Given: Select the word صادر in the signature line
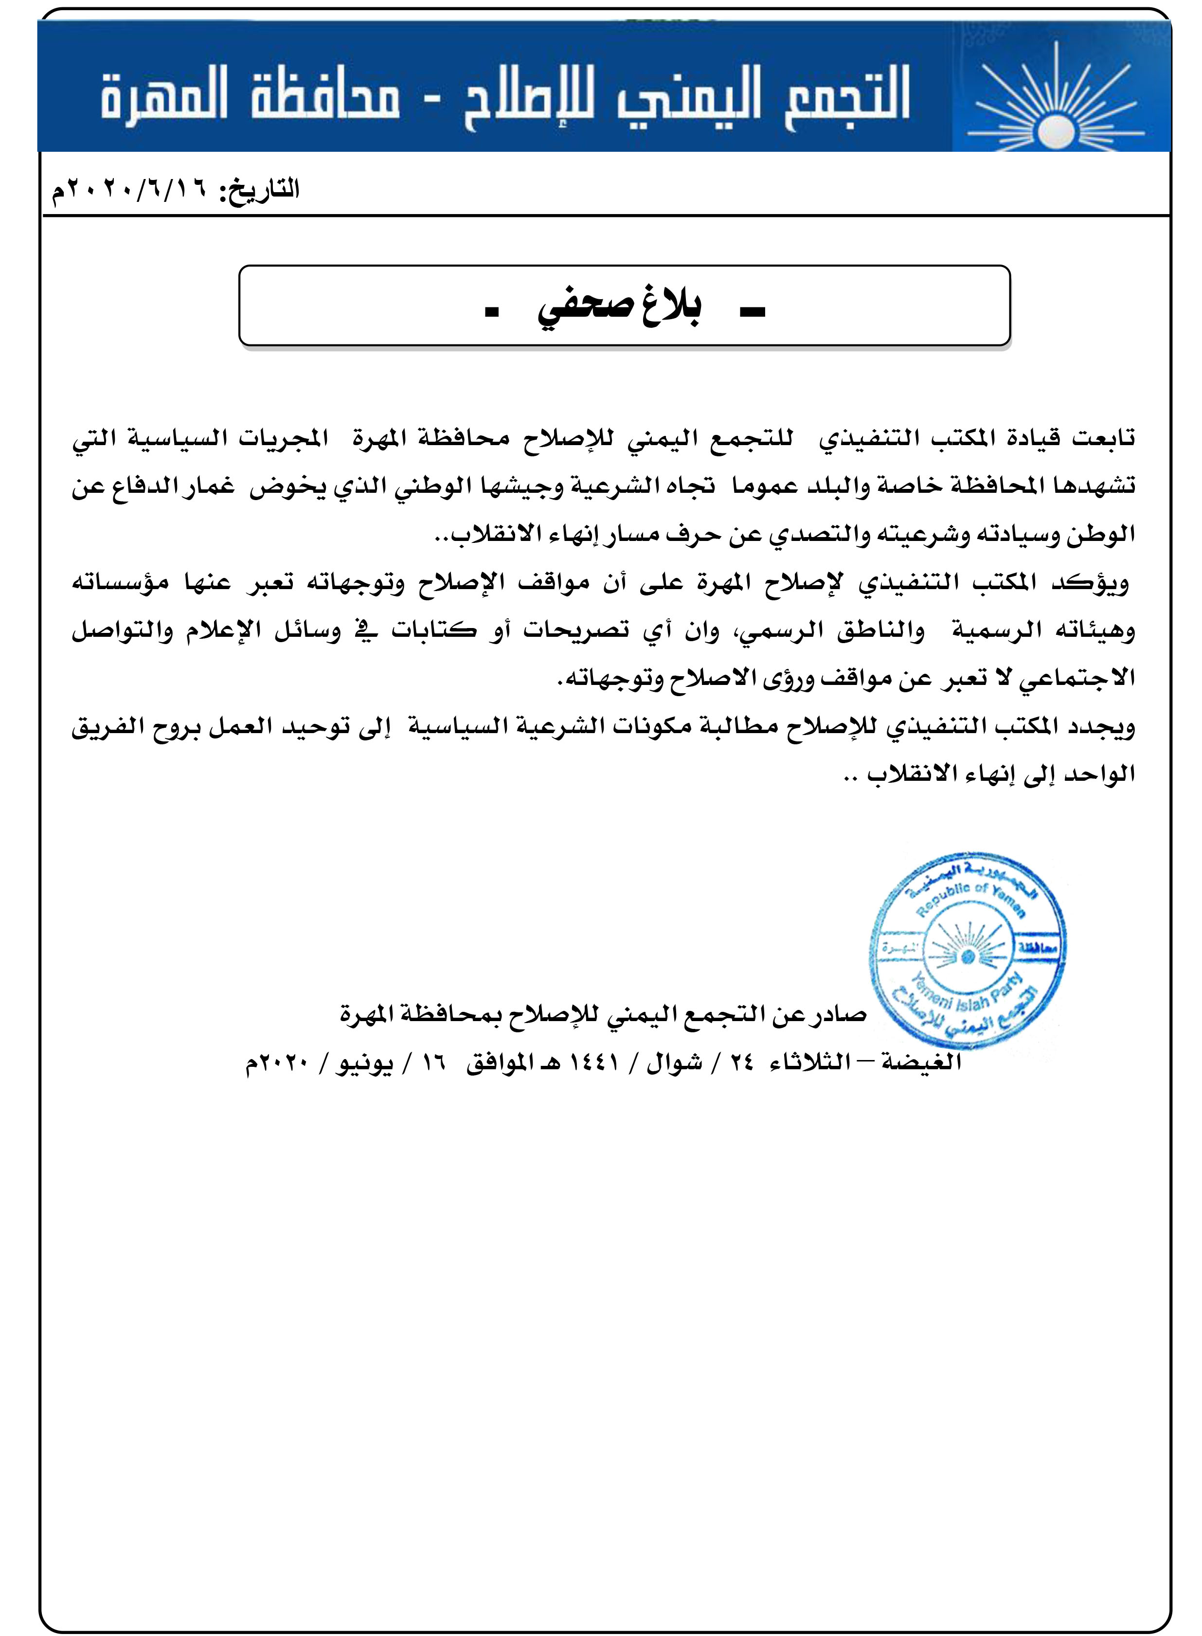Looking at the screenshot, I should pos(837,1014).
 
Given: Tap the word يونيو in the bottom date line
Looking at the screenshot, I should pos(364,1063).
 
